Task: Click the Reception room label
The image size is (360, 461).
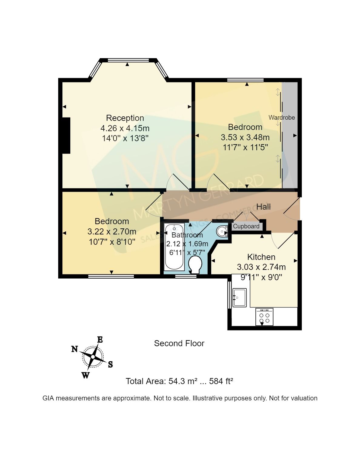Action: click(125, 118)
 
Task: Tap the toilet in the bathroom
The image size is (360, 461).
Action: click(195, 264)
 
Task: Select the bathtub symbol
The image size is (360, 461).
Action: click(174, 247)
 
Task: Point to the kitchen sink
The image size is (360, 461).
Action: click(240, 297)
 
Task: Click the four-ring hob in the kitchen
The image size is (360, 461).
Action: click(264, 317)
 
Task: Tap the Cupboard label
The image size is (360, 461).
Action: click(246, 226)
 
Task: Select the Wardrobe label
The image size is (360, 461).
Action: click(282, 118)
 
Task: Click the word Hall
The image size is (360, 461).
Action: click(263, 207)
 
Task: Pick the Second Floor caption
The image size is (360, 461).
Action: click(179, 343)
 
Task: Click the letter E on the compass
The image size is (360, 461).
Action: click(100, 340)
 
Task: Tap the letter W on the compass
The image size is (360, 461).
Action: click(85, 375)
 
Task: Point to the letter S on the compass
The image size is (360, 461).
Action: click(110, 364)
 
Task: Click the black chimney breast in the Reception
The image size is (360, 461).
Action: click(66, 135)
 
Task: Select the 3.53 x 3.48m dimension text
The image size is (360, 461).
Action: click(245, 137)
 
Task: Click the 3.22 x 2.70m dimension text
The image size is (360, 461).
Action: click(112, 232)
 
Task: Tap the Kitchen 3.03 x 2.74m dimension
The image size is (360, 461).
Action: click(261, 267)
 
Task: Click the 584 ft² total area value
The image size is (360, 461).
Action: click(221, 381)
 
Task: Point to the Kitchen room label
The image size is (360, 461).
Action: click(261, 257)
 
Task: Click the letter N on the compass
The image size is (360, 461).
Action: click(75, 349)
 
